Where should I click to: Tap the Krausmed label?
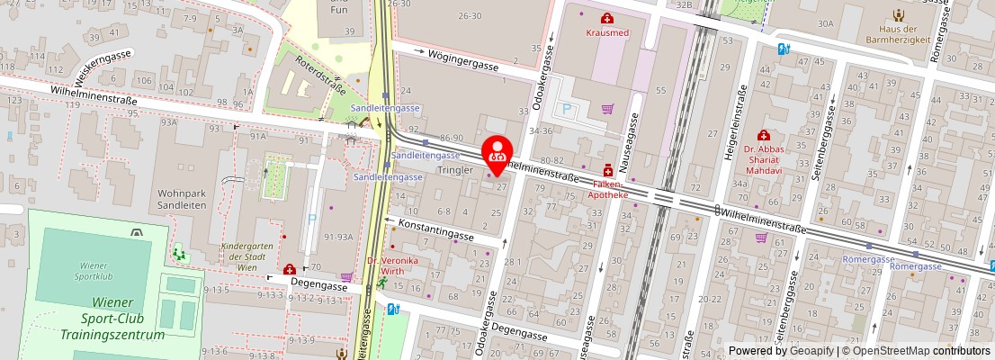tap(608, 31)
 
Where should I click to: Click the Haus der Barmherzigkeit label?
tap(898, 32)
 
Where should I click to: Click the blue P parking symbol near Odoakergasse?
tap(566, 110)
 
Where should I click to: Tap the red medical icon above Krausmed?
tap(608, 17)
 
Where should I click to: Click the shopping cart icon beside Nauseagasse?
tap(608, 109)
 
